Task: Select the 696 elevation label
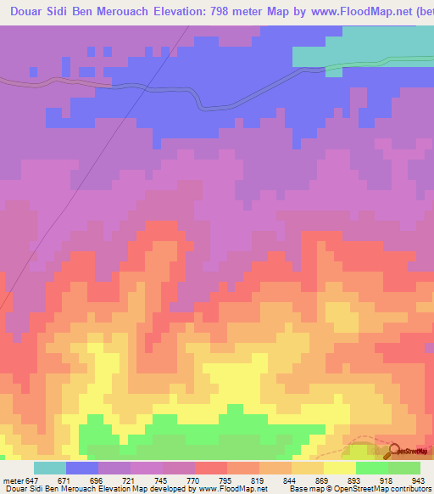pos(96,480)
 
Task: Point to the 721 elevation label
pos(127,480)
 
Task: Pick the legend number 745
pos(160,480)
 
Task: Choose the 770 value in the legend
pos(192,480)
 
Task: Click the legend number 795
pos(225,480)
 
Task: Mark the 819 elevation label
pos(257,480)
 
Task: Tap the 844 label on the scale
pos(289,480)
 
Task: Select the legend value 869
pos(321,480)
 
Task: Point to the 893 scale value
pos(353,480)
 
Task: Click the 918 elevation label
pos(386,480)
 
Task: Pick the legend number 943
pos(418,480)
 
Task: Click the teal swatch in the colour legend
pos(50,468)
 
